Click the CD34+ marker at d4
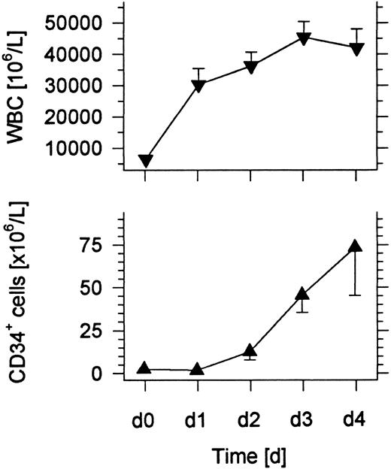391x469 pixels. pyautogui.click(x=356, y=246)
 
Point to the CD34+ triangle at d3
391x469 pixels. pyautogui.click(x=304, y=294)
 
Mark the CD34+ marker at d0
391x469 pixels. pyautogui.click(x=145, y=368)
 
